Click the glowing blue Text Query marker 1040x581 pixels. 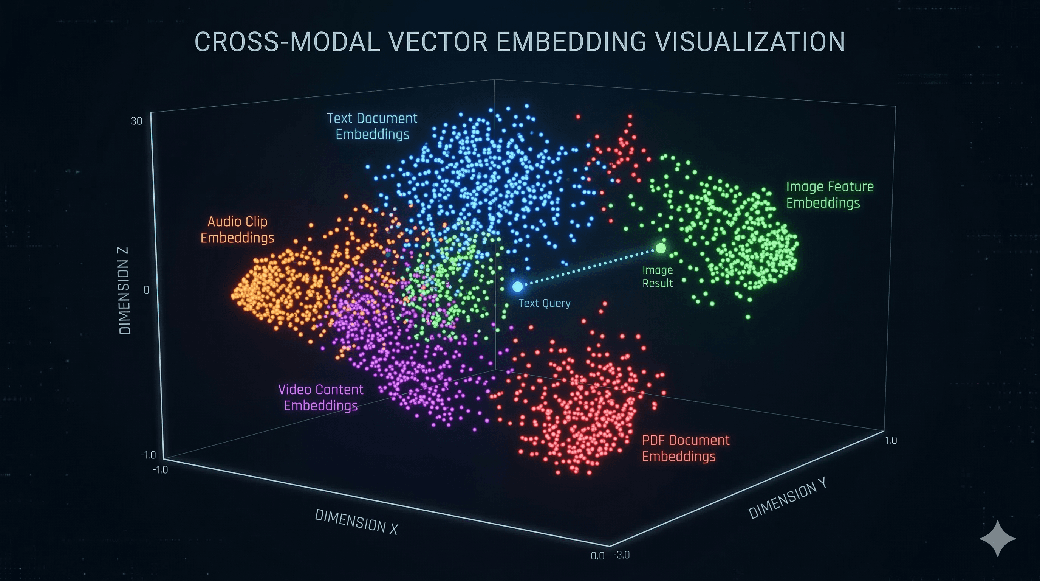517,286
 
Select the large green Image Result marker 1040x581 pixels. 661,248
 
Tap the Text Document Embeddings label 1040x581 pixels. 372,126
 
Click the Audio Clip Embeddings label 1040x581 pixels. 237,230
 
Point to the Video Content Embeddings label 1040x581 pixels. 320,397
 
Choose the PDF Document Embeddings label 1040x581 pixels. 685,448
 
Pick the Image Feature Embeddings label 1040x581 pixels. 829,194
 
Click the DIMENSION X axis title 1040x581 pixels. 356,522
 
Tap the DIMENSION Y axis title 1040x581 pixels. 787,498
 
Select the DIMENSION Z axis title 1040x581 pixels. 125,290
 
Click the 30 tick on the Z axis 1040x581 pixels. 136,121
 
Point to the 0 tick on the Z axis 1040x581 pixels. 146,290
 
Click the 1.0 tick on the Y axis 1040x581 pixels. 891,440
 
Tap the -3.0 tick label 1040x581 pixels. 621,555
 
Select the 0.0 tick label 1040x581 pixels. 597,556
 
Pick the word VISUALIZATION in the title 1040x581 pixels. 749,42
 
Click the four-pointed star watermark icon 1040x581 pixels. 997,539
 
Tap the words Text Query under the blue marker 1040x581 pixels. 544,303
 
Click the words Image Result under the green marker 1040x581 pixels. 657,277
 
